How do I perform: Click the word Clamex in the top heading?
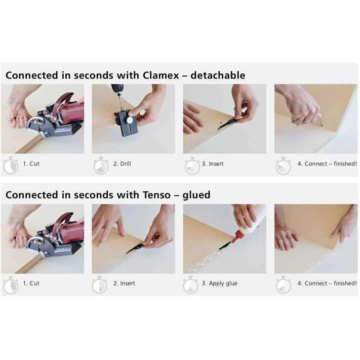coord(161,75)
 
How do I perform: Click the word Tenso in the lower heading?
coord(156,195)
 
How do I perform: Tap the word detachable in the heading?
coord(218,75)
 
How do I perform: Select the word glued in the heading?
coord(196,195)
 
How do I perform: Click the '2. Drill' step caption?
coord(122,164)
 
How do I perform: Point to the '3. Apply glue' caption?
coord(219,284)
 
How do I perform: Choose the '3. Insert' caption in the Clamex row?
coord(213,164)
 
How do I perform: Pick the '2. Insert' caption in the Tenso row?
coord(124,284)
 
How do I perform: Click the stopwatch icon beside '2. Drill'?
coord(101,166)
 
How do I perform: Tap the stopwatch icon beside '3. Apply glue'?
coord(190,285)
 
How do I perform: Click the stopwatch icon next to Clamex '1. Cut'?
coord(11,165)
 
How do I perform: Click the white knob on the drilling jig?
coord(131,120)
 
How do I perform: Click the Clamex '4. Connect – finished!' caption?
coord(327,164)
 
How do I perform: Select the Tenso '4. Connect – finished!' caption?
coord(327,284)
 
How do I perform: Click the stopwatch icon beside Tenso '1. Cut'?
coord(11,285)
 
